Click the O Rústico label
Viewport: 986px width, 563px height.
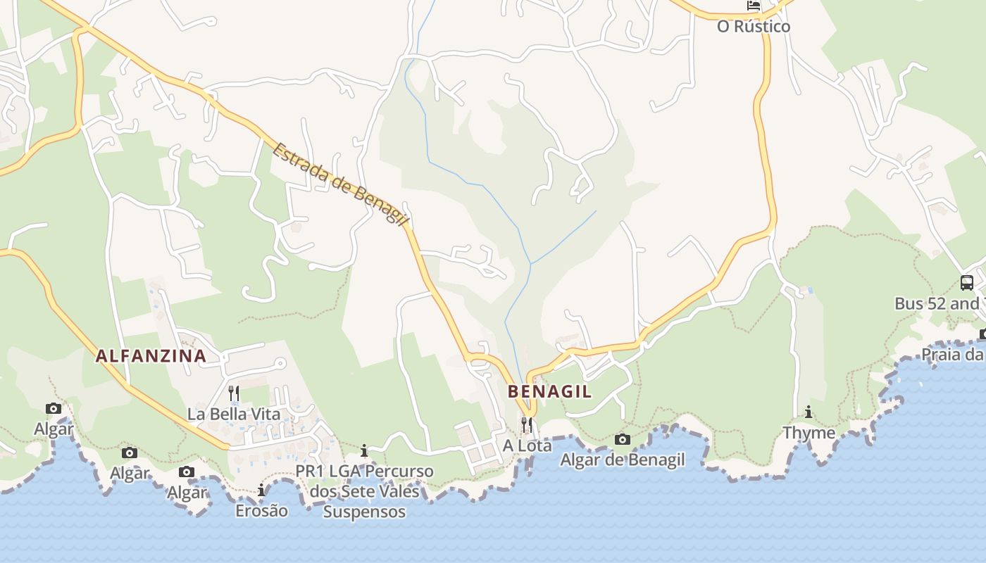754,27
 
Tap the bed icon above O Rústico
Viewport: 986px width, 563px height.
754,6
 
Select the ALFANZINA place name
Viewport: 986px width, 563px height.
151,356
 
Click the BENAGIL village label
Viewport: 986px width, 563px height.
550,392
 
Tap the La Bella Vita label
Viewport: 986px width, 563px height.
234,414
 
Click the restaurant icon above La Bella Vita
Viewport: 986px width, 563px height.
234,393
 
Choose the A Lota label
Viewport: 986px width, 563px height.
528,445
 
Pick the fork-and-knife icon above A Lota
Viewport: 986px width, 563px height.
527,424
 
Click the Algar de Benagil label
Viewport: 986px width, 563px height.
623,460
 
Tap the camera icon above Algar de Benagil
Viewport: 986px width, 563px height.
623,440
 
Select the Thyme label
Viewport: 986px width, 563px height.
809,433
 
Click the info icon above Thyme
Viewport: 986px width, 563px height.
809,412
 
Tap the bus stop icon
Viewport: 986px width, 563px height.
967,283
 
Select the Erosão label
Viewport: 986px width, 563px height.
261,510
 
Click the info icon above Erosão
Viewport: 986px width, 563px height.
261,490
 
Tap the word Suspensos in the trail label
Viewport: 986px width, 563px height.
364,512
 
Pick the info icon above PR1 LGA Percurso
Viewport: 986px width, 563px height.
364,450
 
